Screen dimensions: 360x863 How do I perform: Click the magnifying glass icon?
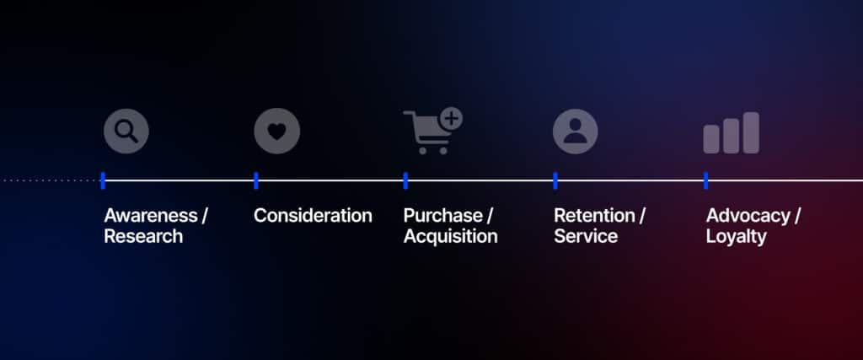pyautogui.click(x=126, y=132)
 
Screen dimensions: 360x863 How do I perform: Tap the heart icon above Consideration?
pyautogui.click(x=276, y=132)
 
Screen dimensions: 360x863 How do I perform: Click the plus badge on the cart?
pyautogui.click(x=452, y=119)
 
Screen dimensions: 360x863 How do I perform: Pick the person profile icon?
pyautogui.click(x=575, y=132)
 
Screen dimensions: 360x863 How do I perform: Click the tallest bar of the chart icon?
pyautogui.click(x=750, y=132)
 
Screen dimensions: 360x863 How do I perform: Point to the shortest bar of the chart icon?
pyautogui.click(x=712, y=139)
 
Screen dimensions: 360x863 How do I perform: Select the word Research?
pyautogui.click(x=142, y=236)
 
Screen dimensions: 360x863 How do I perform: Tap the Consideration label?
pyautogui.click(x=313, y=215)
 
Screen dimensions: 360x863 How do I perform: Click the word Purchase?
pyautogui.click(x=443, y=215)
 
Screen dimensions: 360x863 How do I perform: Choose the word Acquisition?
pyautogui.click(x=450, y=236)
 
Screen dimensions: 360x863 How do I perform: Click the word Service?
pyautogui.click(x=586, y=236)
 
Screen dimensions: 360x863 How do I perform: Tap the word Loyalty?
pyautogui.click(x=736, y=236)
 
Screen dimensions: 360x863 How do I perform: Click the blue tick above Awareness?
pyautogui.click(x=103, y=180)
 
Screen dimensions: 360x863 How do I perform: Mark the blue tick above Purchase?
pyautogui.click(x=405, y=180)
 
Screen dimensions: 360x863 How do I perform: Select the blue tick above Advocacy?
pyautogui.click(x=705, y=180)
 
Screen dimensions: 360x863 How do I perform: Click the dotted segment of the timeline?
pyautogui.click(x=51, y=180)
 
